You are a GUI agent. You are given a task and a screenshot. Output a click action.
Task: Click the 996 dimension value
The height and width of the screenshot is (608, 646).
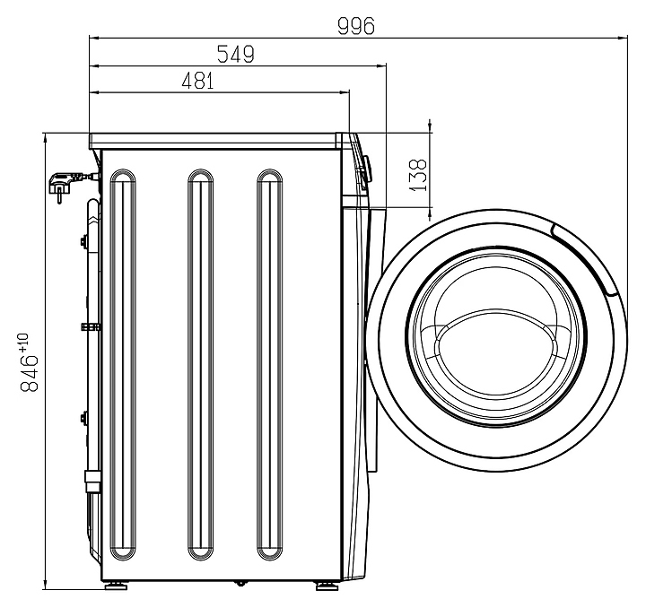[x=356, y=26]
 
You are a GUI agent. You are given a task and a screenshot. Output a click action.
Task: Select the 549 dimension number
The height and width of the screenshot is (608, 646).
[x=236, y=54]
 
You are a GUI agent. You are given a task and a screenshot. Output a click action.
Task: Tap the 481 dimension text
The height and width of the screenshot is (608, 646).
[x=197, y=81]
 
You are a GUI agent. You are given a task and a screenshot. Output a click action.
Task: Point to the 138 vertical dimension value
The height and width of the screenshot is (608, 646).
[x=418, y=175]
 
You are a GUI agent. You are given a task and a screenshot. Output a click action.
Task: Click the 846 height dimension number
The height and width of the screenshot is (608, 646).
[x=30, y=373]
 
